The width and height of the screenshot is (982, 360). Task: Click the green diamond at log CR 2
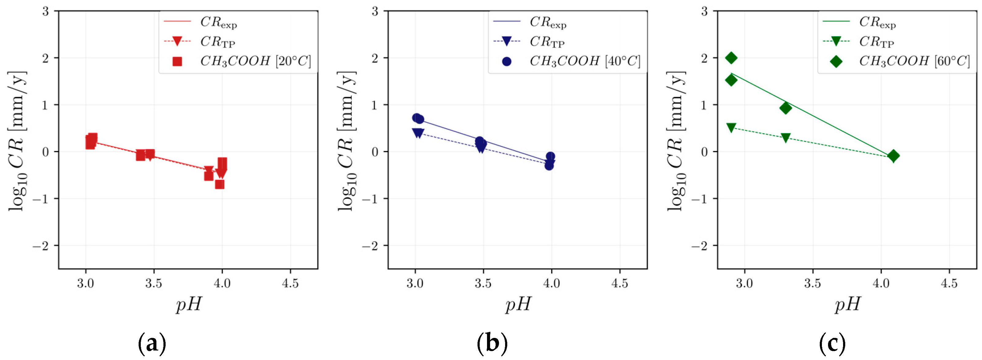coord(731,58)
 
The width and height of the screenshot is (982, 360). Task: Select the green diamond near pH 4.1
coord(893,156)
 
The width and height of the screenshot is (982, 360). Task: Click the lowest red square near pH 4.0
coord(220,184)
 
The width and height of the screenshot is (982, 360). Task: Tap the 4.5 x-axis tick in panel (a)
coord(290,283)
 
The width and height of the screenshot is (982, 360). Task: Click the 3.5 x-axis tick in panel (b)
coord(483,283)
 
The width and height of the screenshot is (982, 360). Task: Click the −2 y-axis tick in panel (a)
coord(41,246)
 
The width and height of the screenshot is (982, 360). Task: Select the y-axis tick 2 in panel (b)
coord(375,58)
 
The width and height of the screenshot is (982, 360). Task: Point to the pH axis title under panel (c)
coord(847,305)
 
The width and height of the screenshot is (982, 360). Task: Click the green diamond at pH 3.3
coord(785,108)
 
